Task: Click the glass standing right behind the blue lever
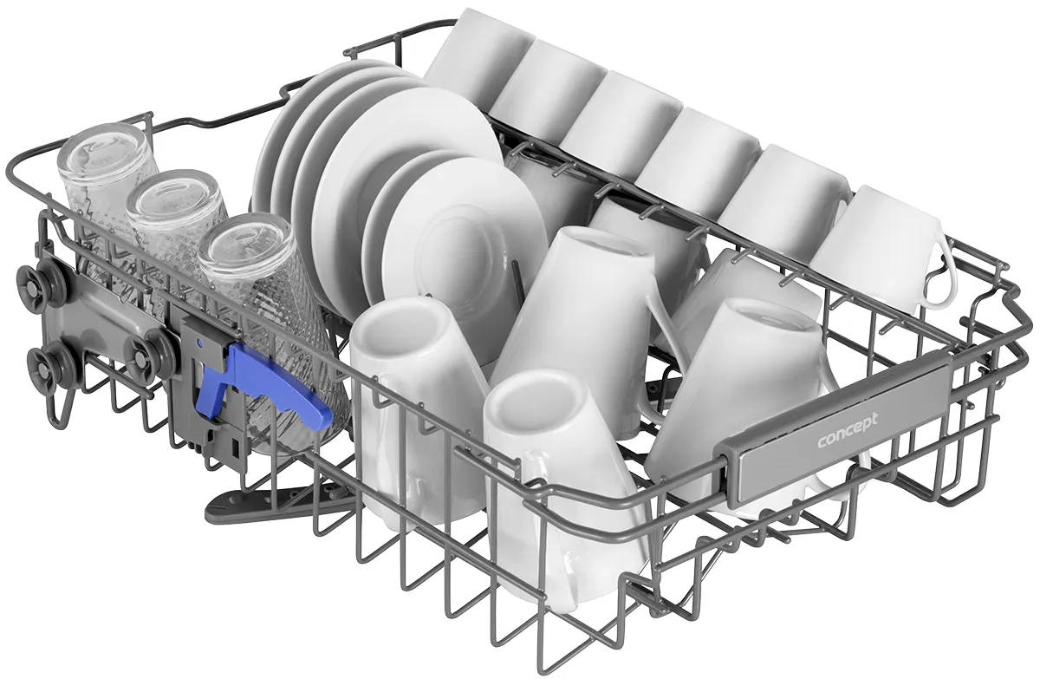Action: (x=274, y=325)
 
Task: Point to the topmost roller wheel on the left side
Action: (x=41, y=284)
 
